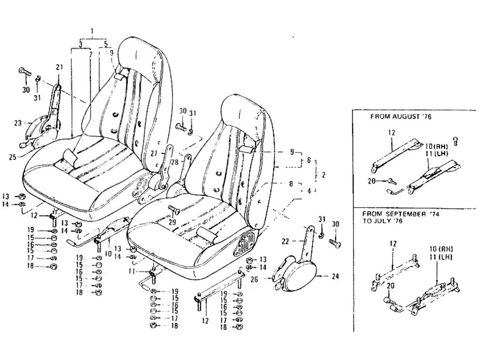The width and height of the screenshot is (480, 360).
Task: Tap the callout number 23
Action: point(18,124)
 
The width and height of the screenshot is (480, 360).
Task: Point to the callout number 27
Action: point(154,152)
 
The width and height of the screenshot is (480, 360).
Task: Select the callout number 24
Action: point(334,276)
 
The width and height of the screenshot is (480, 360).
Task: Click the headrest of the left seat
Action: point(141,52)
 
